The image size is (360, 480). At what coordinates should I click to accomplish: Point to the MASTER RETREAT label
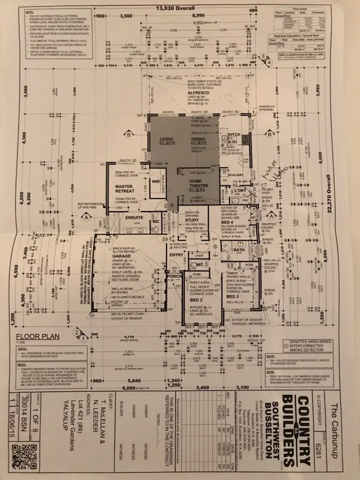124,189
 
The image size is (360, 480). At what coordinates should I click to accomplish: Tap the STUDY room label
192,220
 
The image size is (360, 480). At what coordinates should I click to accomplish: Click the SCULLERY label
235,175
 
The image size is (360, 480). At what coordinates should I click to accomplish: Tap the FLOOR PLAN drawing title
37,336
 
